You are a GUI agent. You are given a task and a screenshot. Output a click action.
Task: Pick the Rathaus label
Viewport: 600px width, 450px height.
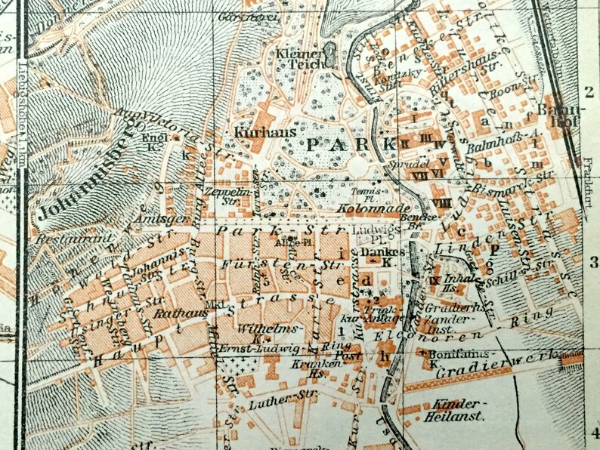click(x=172, y=311)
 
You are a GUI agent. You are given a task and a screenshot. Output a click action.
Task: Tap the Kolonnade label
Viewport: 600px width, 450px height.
click(x=363, y=206)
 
